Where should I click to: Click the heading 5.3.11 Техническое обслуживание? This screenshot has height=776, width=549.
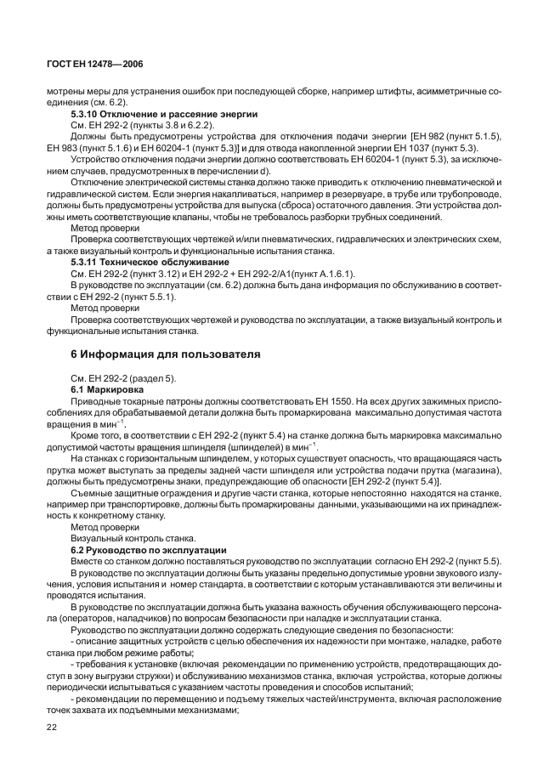tap(147, 263)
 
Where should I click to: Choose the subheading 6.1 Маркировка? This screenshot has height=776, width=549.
tap(108, 388)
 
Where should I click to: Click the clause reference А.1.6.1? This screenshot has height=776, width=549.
tap(333, 274)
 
